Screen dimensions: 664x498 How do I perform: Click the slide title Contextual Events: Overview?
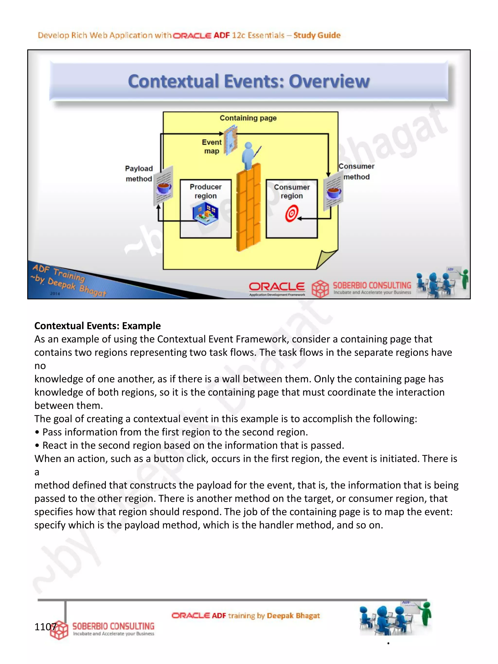coord(249,81)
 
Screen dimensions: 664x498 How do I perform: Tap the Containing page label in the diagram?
coord(248,118)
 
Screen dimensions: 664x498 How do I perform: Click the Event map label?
coord(212,146)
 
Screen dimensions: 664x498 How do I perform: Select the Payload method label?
coord(139,174)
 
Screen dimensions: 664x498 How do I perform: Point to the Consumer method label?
coord(356,171)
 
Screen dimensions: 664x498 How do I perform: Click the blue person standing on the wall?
coord(249,155)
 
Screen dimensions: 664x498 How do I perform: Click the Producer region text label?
coord(206,191)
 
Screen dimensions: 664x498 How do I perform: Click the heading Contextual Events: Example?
coord(98,326)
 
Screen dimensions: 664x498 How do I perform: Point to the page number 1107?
coord(45,627)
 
